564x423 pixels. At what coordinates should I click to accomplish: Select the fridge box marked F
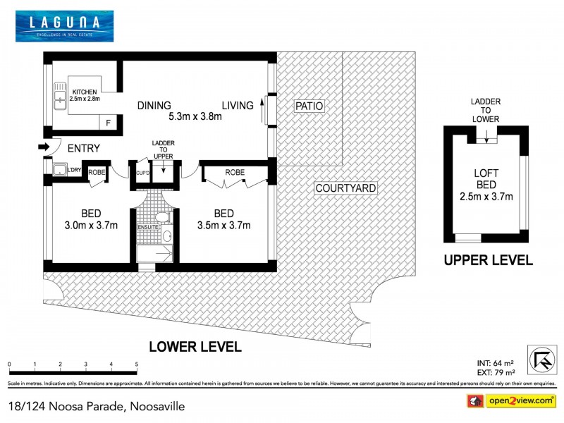coord(108,123)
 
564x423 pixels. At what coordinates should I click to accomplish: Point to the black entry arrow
coord(44,147)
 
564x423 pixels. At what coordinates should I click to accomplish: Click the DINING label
coord(154,106)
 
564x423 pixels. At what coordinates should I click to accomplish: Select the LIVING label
coord(237,106)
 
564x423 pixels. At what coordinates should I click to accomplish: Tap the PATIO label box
coord(309,106)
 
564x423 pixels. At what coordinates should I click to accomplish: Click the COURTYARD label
coord(345,188)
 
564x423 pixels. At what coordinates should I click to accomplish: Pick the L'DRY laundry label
coord(73,170)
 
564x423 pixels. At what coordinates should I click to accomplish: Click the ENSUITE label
coord(148,226)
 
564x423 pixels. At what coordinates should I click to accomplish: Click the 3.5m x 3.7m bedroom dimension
coord(222,226)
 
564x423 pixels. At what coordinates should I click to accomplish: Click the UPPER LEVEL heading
coord(488,260)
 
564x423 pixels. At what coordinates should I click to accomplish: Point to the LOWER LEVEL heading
coord(195,347)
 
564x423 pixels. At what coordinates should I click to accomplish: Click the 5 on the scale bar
coord(136,364)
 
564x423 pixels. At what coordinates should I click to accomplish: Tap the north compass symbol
coord(541,359)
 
